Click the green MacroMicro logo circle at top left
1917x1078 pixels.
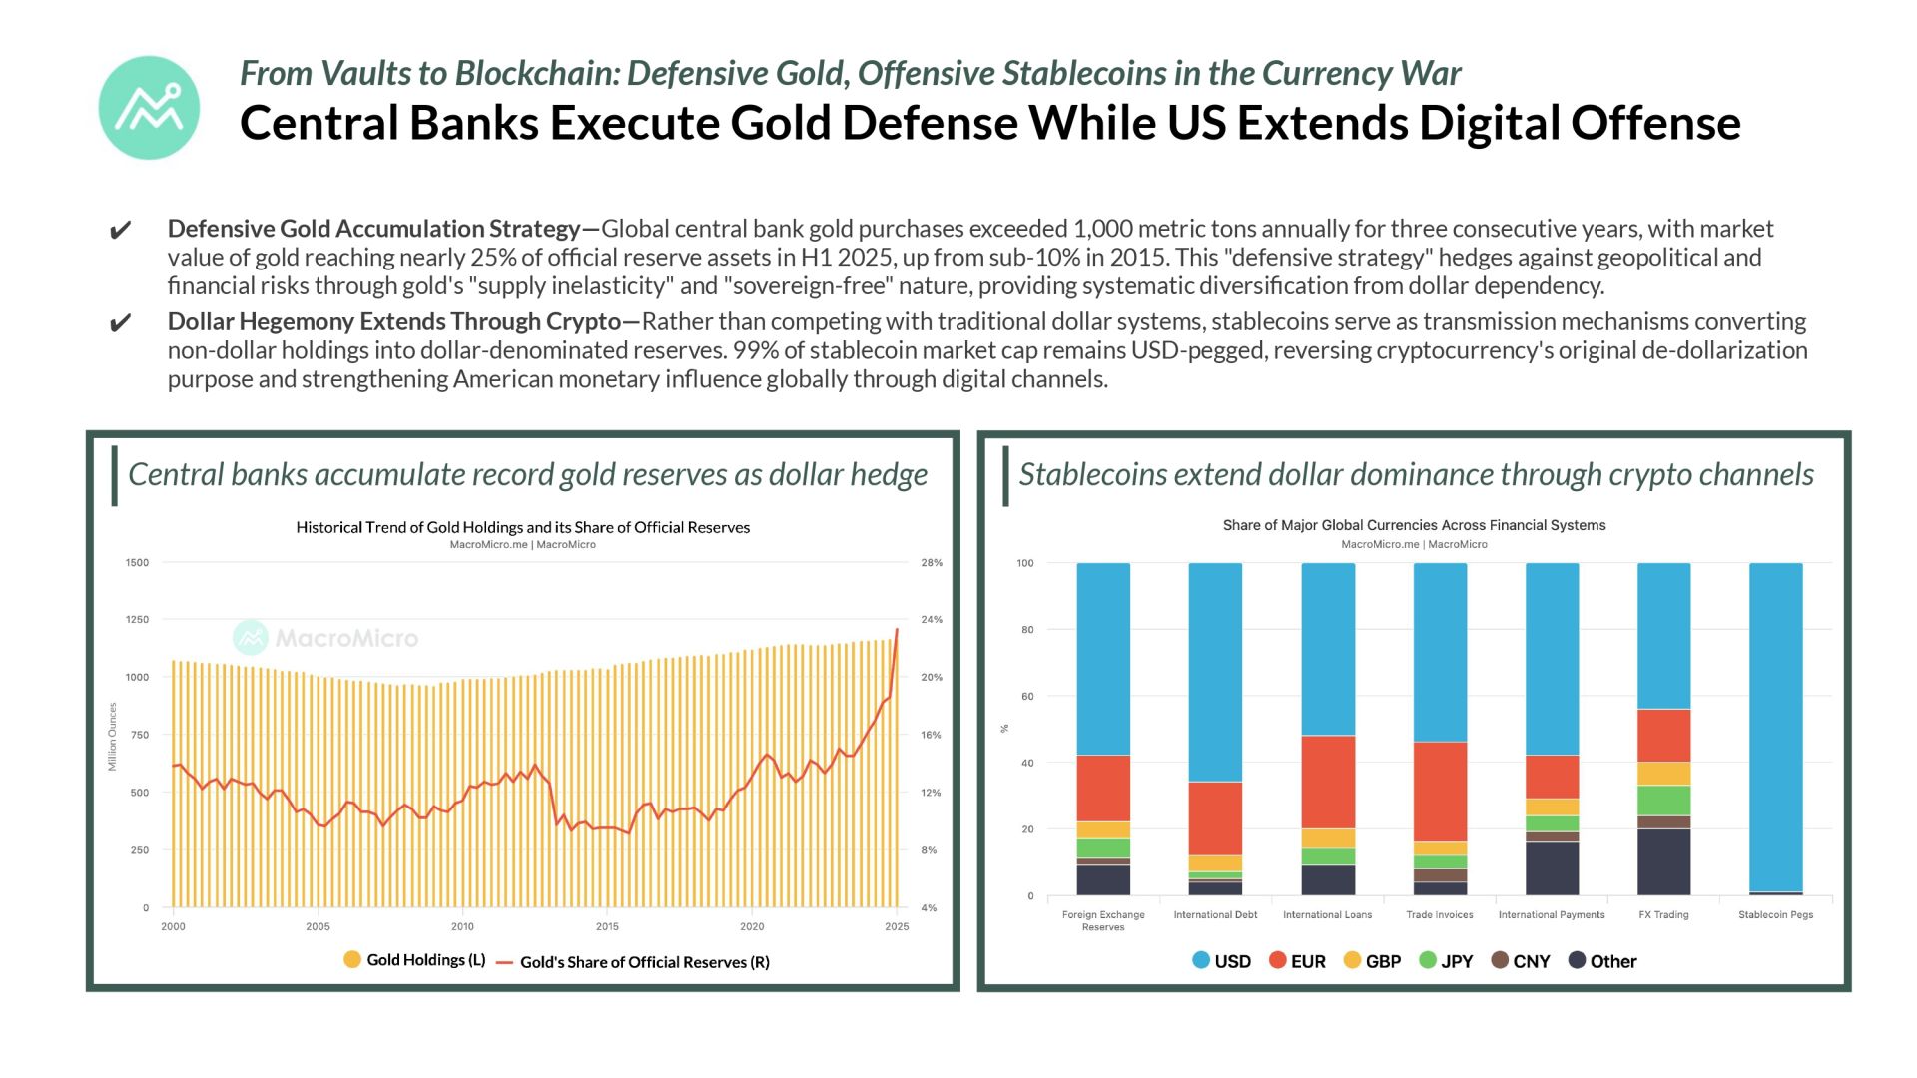coord(149,108)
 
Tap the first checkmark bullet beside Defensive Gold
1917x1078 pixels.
coord(120,232)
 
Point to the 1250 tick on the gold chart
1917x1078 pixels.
coord(137,620)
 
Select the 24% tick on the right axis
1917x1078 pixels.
coord(932,620)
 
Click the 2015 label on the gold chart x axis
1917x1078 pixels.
coord(607,926)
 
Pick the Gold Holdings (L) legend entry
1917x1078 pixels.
coord(414,960)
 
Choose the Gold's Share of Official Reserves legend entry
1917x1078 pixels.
coord(633,962)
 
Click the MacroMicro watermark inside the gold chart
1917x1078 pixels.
coord(325,638)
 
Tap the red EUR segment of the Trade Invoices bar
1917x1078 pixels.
coord(1440,792)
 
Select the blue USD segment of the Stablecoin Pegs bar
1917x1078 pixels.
coord(1776,728)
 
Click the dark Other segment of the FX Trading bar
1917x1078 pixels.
coord(1664,862)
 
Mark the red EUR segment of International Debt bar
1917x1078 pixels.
coord(1215,818)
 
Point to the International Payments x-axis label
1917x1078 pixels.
coord(1552,915)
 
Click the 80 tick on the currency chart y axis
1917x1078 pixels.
coord(1025,630)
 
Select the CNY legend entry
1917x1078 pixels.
coord(1521,961)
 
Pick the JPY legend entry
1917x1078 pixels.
coord(1446,961)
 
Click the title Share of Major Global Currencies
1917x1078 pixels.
coord(1414,525)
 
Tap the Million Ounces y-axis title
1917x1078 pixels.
coord(112,737)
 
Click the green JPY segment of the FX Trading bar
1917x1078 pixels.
coord(1664,801)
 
